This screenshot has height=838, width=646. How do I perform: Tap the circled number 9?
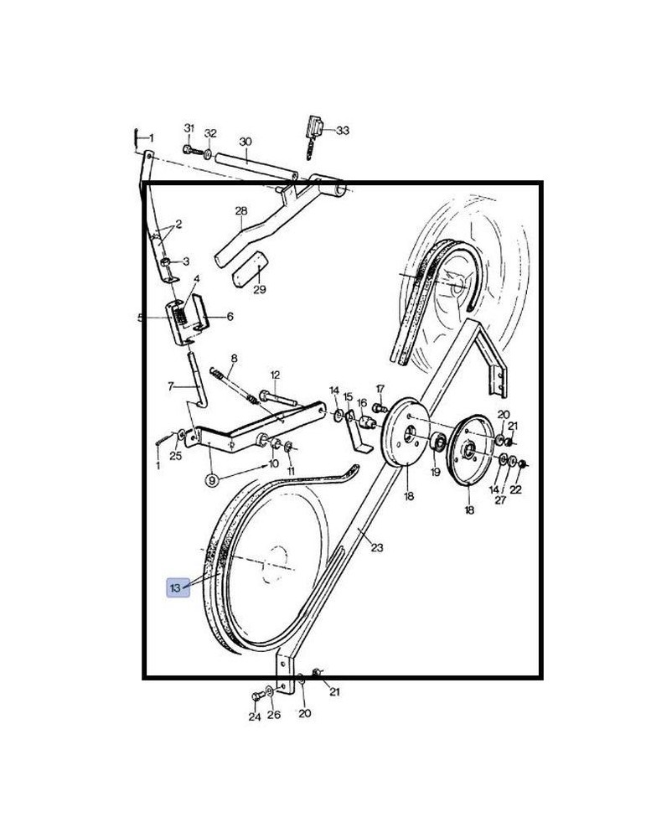[212, 480]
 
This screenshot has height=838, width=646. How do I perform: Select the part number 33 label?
[343, 131]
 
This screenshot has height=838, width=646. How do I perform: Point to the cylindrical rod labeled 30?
[256, 166]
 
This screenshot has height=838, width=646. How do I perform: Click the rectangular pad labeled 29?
[249, 269]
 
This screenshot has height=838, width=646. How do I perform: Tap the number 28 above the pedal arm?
[241, 210]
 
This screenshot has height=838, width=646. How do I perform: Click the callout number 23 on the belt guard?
[377, 547]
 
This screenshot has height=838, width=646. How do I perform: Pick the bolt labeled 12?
[278, 397]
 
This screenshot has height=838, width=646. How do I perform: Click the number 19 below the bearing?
[436, 472]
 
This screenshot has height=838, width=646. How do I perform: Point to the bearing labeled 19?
[438, 442]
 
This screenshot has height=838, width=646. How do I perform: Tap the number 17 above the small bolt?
[380, 389]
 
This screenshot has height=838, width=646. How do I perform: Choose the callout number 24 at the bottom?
[255, 716]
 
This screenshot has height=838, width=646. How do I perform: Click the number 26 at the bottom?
[274, 715]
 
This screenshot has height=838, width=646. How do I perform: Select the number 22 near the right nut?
[515, 489]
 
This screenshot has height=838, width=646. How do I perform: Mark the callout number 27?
[500, 500]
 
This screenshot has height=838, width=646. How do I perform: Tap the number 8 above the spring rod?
[234, 359]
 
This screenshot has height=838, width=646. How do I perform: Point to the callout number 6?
[230, 317]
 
